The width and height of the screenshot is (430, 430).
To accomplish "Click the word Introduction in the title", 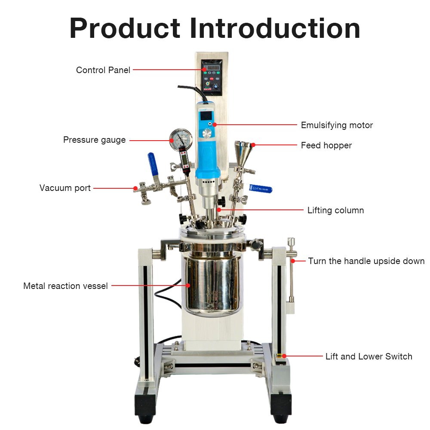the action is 275,28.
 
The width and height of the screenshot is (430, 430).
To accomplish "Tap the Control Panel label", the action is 103,70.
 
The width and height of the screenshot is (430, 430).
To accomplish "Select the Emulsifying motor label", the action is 337,125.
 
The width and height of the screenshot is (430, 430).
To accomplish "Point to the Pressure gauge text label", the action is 94,140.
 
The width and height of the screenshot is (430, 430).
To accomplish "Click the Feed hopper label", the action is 326,145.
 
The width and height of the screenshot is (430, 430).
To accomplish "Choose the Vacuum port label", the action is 65,188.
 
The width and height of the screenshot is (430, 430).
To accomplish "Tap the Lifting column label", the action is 335,210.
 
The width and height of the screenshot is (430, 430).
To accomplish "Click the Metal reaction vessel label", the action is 65,286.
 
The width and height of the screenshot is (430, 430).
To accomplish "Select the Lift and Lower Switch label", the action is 369,356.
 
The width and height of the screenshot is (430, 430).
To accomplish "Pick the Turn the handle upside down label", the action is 366,261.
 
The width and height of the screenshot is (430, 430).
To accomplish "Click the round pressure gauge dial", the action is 181,139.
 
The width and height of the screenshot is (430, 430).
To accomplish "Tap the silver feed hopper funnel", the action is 243,153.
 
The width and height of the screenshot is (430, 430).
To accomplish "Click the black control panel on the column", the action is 212,77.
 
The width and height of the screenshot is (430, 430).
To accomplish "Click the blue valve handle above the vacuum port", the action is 153,164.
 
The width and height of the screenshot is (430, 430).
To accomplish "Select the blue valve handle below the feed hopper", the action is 261,189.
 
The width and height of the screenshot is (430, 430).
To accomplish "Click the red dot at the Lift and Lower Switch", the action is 284,356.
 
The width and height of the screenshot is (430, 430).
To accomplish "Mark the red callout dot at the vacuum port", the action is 135,188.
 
